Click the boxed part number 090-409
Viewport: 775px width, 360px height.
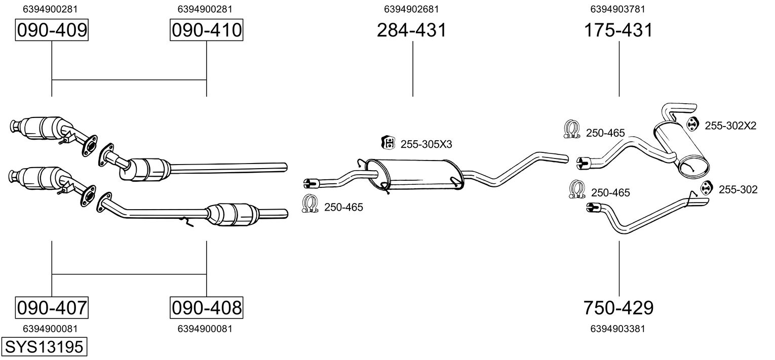(52, 30)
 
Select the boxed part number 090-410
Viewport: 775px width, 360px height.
(206, 30)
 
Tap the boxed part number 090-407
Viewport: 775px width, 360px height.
(52, 307)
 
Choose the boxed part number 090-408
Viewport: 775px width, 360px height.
(206, 307)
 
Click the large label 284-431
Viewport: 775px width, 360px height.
(412, 30)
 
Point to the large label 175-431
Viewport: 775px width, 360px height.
(618, 30)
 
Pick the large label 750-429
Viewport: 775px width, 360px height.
(618, 307)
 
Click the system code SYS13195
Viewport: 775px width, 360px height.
(44, 347)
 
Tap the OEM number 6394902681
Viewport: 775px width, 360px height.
(411, 9)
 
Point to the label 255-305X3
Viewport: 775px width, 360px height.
(426, 144)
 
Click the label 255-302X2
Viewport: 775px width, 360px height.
(730, 126)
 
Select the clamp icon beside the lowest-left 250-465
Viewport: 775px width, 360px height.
(309, 204)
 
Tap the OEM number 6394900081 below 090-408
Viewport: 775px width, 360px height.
(205, 329)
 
